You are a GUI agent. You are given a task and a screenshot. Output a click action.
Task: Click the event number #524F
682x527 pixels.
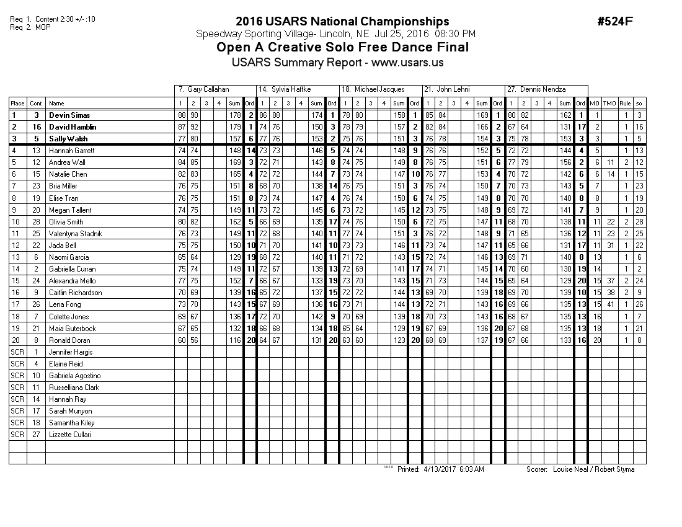(614, 22)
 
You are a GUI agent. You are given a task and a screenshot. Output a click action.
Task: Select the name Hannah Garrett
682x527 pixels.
(71, 151)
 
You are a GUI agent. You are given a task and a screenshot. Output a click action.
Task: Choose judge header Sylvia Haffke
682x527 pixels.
(292, 89)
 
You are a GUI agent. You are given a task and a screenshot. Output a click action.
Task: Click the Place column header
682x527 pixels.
(17, 103)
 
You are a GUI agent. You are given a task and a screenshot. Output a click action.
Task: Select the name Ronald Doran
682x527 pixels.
(69, 340)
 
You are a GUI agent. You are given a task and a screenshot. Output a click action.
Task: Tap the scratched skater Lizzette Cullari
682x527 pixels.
(69, 435)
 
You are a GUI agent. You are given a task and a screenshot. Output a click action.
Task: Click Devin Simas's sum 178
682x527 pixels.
(234, 115)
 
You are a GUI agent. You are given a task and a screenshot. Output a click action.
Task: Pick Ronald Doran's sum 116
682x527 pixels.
(234, 340)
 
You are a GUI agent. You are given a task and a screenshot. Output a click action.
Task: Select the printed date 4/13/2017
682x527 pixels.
(440, 469)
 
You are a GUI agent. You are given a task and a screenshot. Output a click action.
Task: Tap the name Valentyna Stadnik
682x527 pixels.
(76, 233)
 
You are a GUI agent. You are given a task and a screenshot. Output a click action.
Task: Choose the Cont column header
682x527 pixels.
(36, 103)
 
